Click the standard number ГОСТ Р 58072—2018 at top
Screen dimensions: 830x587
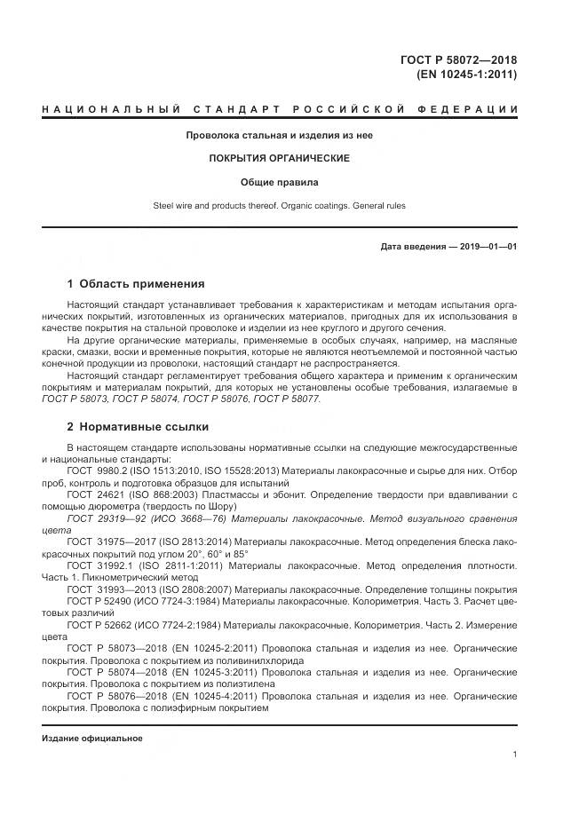[x=458, y=60]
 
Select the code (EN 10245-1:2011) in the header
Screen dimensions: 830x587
[x=466, y=75]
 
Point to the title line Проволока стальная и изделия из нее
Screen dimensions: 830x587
[x=279, y=135]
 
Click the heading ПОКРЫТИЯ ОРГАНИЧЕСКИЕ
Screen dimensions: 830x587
[x=279, y=158]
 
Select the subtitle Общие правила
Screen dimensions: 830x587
[x=279, y=182]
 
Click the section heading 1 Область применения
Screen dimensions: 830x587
[x=136, y=284]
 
